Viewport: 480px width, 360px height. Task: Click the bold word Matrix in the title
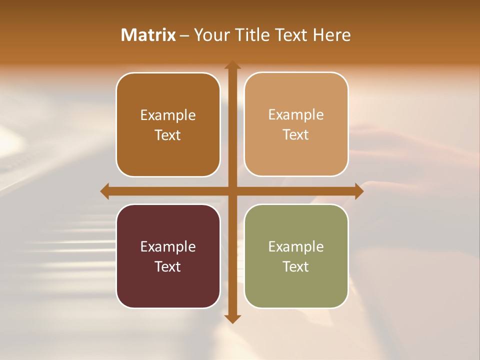click(x=148, y=35)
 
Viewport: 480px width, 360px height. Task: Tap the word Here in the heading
click(x=331, y=35)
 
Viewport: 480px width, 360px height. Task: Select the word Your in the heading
click(x=212, y=35)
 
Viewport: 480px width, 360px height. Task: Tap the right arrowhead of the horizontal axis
click(x=359, y=191)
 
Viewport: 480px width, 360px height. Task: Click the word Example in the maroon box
click(x=168, y=246)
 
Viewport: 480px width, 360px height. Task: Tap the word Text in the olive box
click(x=296, y=266)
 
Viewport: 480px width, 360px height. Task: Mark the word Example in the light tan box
click(x=296, y=114)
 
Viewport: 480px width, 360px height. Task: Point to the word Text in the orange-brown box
click(x=168, y=135)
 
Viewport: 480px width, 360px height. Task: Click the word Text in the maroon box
click(x=168, y=266)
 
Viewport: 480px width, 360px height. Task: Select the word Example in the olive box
click(x=296, y=246)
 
